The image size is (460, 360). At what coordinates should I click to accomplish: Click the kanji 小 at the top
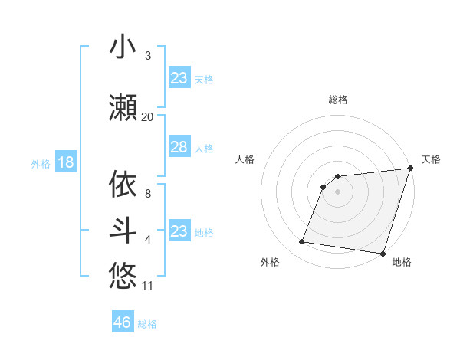(123, 47)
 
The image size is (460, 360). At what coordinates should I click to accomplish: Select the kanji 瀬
(123, 108)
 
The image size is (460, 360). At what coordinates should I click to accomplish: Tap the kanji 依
(123, 185)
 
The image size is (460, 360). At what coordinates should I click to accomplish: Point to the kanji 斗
(123, 231)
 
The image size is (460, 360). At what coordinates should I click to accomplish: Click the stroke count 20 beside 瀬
(147, 117)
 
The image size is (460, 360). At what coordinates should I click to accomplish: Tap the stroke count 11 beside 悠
(148, 286)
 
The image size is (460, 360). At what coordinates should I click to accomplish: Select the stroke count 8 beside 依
(148, 194)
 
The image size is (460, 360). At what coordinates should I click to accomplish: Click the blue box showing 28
(179, 147)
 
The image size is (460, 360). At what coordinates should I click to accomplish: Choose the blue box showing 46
(123, 322)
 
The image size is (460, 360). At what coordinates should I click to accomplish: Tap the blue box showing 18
(65, 162)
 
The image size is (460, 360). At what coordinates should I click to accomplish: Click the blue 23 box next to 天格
(179, 78)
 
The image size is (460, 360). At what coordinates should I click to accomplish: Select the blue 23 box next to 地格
(179, 231)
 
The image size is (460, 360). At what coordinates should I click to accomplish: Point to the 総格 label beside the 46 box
(147, 324)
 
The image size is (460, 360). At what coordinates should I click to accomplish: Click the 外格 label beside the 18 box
(41, 164)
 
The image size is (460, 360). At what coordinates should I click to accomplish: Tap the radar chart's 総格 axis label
(337, 100)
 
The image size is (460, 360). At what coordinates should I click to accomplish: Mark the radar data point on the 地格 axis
(383, 254)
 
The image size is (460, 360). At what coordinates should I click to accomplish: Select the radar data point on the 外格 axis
(302, 242)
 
